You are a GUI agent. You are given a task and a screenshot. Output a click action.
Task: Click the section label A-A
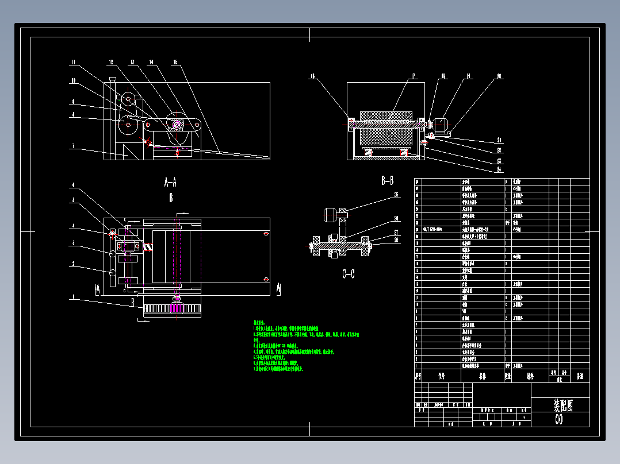tap(170, 182)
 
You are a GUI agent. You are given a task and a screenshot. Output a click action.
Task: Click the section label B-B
tap(388, 181)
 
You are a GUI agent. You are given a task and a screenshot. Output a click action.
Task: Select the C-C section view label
tap(348, 274)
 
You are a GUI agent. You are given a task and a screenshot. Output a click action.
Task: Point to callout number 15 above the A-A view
tap(175, 62)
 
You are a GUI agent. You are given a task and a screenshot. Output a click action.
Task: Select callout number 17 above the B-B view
tap(412, 75)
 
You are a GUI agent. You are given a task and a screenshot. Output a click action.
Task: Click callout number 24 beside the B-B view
tap(499, 169)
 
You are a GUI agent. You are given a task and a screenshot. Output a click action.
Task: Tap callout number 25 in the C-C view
tap(396, 195)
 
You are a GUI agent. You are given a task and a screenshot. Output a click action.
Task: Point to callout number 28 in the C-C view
tap(396, 239)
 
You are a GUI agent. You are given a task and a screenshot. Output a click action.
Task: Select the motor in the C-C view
tap(331, 215)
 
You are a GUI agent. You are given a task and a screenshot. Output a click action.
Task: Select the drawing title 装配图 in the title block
tap(562, 405)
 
